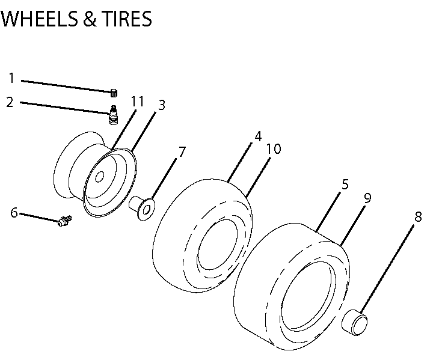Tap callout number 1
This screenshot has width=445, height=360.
[11, 78]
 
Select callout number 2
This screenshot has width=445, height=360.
[10, 102]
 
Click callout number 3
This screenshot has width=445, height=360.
[161, 105]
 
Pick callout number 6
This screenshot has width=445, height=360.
[14, 212]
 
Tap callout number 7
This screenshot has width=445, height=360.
[182, 151]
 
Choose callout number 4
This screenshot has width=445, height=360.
[258, 136]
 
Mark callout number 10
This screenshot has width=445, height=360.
[274, 148]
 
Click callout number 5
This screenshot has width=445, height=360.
[345, 185]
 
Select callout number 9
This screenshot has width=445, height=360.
[367, 197]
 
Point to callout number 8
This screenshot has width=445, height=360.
[418, 216]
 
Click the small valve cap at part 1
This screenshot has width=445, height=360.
[112, 91]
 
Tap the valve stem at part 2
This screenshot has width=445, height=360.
[112, 114]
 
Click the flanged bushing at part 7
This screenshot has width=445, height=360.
[143, 206]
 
